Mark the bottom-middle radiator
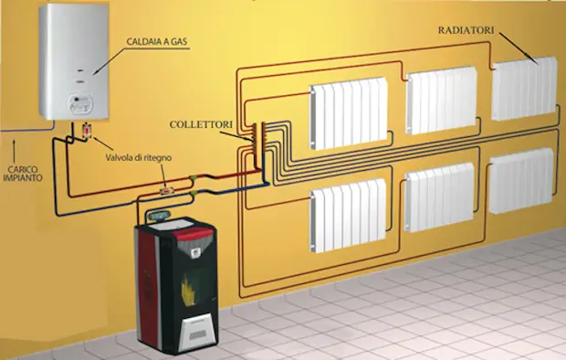pos(440,197)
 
